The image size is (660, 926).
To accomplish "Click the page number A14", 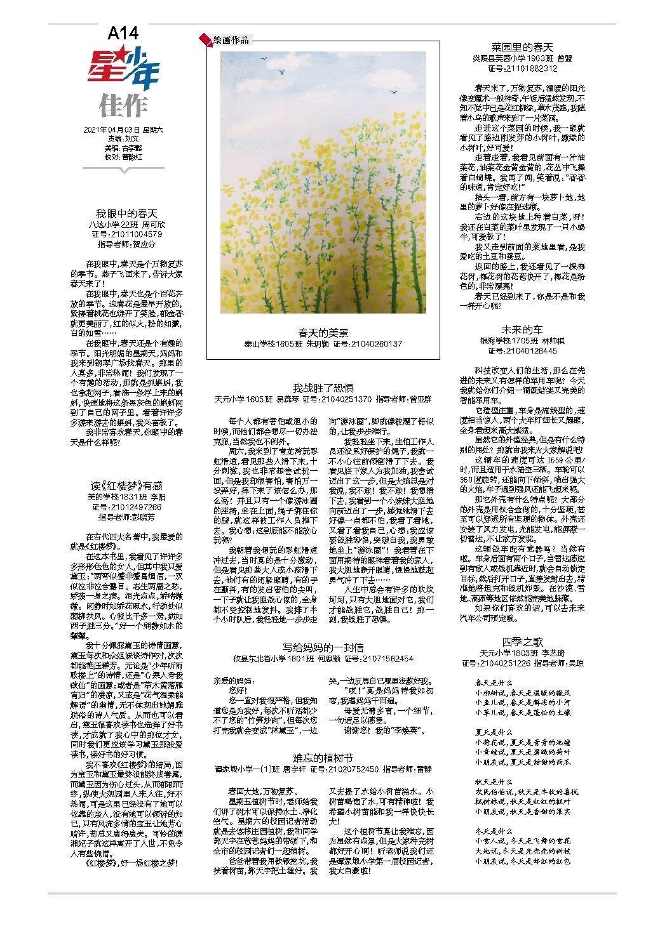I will pyautogui.click(x=123, y=33).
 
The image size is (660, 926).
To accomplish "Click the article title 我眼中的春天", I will pyautogui.click(x=126, y=214).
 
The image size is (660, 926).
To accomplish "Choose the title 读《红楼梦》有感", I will pyautogui.click(x=127, y=486).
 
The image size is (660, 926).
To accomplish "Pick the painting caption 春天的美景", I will pyautogui.click(x=323, y=333).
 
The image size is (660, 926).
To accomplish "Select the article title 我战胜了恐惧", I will pyautogui.click(x=323, y=388).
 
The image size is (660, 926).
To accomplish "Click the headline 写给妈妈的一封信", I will pyautogui.click(x=323, y=647).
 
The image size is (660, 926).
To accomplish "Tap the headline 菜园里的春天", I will pyautogui.click(x=522, y=48).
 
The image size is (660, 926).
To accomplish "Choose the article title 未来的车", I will pyautogui.click(x=522, y=329).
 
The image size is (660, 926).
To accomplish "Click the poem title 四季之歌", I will pyautogui.click(x=522, y=642).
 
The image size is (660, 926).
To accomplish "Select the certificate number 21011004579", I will pyautogui.click(x=134, y=234).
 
